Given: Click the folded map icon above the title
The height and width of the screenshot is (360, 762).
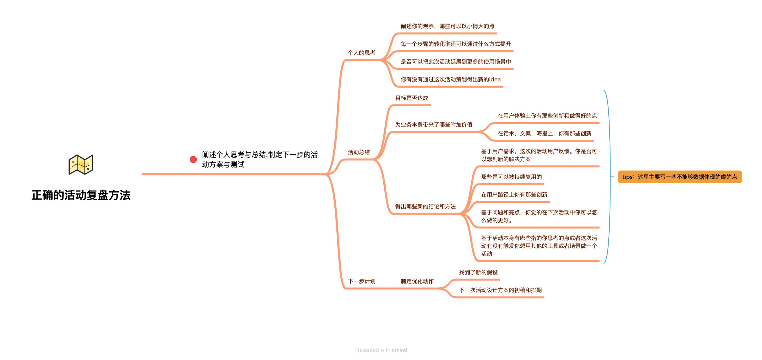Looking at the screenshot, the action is (x=81, y=165).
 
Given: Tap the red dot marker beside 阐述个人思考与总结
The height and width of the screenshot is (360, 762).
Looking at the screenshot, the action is (x=193, y=159).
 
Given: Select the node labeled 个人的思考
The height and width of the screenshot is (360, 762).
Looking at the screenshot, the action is (x=362, y=53).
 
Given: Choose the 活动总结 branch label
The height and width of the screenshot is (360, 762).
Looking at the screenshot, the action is (x=359, y=152).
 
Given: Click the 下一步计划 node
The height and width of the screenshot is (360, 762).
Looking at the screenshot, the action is (x=362, y=281).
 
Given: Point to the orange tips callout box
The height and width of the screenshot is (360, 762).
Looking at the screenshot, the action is (x=680, y=177).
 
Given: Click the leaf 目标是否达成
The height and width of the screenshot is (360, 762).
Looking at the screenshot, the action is (x=412, y=98).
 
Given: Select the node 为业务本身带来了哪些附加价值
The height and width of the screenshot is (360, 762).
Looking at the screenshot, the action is (x=434, y=125).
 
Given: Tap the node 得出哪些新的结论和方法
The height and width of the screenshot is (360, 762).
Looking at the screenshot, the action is (x=425, y=207).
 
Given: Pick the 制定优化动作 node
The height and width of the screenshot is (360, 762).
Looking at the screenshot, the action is (x=417, y=281).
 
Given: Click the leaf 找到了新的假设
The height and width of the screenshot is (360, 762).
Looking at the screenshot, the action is (x=478, y=272).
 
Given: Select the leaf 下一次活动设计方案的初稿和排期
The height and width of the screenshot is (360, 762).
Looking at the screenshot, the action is (x=500, y=290).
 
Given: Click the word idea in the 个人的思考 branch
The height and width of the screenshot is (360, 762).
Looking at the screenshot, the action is (x=495, y=79).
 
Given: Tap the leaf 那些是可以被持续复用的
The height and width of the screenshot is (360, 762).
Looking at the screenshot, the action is (x=511, y=177).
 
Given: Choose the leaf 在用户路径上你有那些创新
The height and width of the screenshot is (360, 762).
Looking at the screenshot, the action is (x=514, y=195).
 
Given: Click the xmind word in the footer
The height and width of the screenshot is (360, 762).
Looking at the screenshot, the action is (x=399, y=350).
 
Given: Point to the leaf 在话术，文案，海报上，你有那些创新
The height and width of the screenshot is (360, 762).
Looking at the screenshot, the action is (x=544, y=134).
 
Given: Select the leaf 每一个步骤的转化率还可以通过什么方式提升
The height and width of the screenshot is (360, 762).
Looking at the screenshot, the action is (x=456, y=44).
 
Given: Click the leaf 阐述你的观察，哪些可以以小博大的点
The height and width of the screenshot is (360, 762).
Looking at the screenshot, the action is (x=448, y=26).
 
